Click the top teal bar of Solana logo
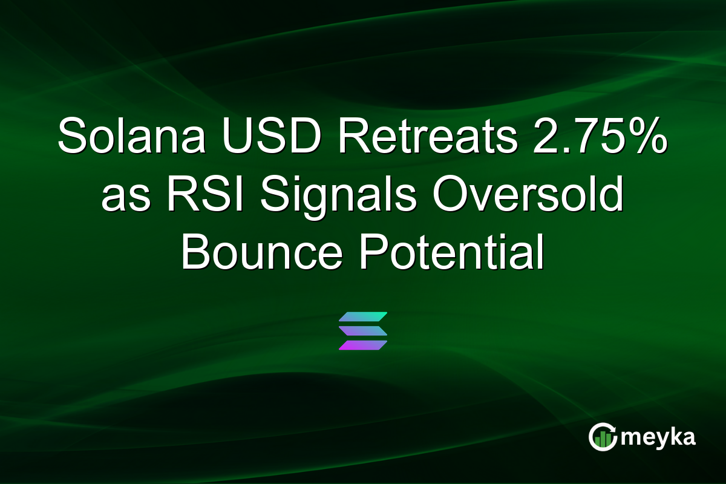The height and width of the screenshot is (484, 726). [363, 317]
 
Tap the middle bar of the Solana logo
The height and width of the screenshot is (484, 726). [363, 331]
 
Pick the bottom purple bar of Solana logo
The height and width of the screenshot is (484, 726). [363, 345]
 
